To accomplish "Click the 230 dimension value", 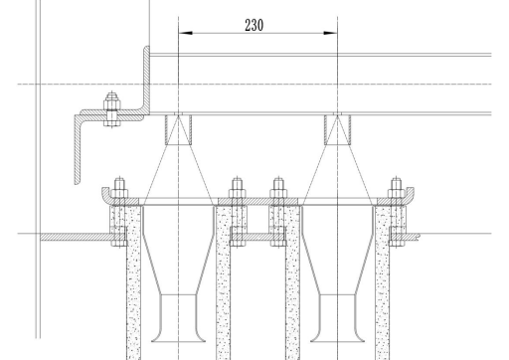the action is pyautogui.click(x=254, y=25).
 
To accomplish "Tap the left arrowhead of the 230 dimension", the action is pyautogui.click(x=185, y=33).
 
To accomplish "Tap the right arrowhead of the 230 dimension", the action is pyautogui.click(x=331, y=33).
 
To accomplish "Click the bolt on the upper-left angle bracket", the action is pyautogui.click(x=112, y=109).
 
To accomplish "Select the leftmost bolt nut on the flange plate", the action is pyautogui.click(x=119, y=194).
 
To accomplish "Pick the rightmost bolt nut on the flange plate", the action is pyautogui.click(x=397, y=194).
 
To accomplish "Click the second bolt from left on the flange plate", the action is pyautogui.click(x=238, y=212).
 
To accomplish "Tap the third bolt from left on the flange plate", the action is pyautogui.click(x=278, y=212).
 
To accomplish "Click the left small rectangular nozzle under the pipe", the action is pyautogui.click(x=179, y=130).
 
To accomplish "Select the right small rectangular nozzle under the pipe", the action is pyautogui.click(x=338, y=130).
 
